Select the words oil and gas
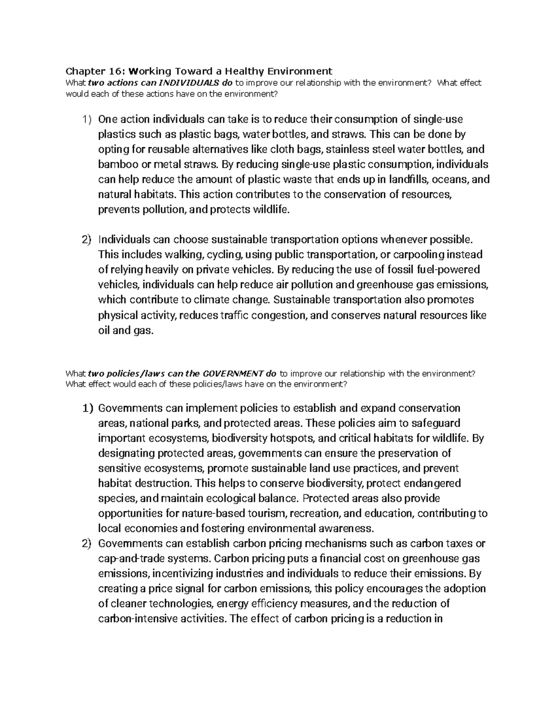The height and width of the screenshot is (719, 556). (125, 331)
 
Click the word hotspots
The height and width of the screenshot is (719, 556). (287, 438)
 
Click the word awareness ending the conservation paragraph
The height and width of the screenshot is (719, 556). (347, 528)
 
